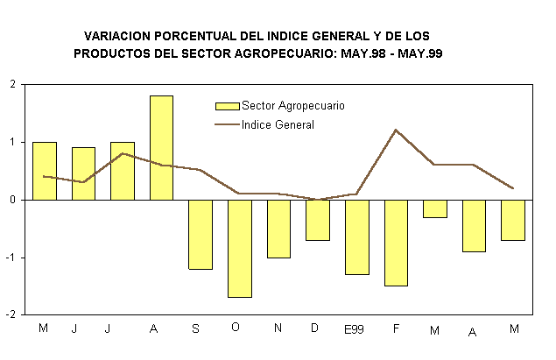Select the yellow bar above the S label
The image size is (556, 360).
click(x=201, y=234)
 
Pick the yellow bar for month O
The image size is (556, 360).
click(x=240, y=248)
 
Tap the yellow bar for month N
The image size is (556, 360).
click(x=278, y=228)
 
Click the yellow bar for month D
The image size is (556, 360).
click(x=318, y=219)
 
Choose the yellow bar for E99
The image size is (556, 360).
click(x=357, y=236)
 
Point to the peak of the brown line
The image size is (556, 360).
click(x=396, y=131)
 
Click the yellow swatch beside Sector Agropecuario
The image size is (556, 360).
click(x=227, y=106)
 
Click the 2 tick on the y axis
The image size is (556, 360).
click(x=12, y=84)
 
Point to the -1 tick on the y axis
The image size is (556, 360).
click(x=11, y=258)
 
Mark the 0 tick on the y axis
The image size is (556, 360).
click(x=12, y=200)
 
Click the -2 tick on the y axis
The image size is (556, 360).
click(x=11, y=314)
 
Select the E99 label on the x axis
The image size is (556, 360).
click(x=354, y=328)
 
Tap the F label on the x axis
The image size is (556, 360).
click(x=396, y=328)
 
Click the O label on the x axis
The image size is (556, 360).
click(x=236, y=328)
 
